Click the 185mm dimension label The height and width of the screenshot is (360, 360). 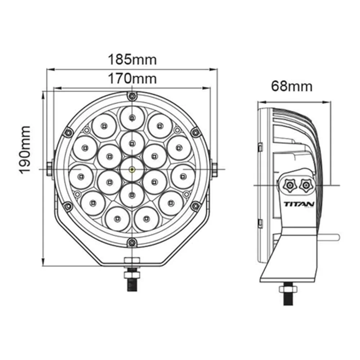coord(132,60)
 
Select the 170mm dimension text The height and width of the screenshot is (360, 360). coord(132,78)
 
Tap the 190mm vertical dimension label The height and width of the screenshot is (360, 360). coord(24,150)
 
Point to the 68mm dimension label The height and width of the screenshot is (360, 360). coord(292,86)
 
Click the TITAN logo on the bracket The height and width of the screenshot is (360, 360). coord(299,204)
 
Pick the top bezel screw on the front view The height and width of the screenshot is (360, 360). coord(132,96)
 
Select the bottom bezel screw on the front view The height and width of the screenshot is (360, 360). coord(132,242)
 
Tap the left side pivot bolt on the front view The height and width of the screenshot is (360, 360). coord(49,169)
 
